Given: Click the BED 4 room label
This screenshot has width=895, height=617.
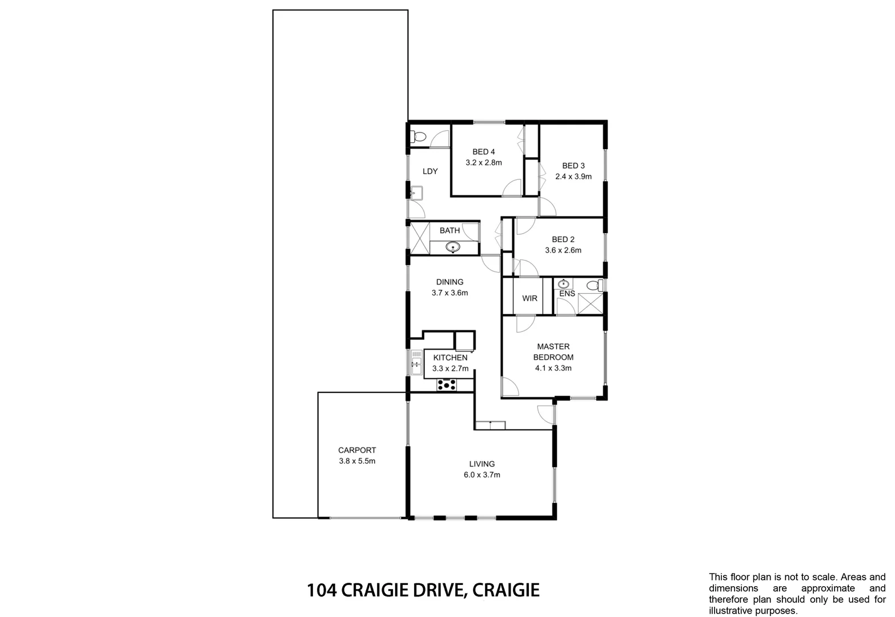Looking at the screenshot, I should (483, 152).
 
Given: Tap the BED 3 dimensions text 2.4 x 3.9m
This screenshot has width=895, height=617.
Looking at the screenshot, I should (573, 177).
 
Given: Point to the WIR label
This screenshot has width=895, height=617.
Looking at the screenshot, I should (529, 298).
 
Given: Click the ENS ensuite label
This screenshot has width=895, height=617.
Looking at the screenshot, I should (567, 294).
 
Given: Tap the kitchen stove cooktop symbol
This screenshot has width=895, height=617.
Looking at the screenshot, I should (447, 385).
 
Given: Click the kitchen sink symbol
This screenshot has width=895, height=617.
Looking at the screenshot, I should (415, 362).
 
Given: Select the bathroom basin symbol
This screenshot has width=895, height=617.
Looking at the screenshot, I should (453, 248).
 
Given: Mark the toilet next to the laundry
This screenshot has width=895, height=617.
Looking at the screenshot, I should (419, 137).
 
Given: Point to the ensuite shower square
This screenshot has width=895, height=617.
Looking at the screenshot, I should (589, 303).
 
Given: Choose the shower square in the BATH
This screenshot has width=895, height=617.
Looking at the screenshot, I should (419, 238).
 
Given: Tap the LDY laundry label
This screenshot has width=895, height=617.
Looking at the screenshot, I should (430, 171).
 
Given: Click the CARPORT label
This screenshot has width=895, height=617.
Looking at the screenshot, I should (357, 450).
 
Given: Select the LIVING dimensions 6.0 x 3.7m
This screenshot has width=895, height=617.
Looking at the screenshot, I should (482, 475).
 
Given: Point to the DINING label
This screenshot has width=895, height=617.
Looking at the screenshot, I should (449, 282).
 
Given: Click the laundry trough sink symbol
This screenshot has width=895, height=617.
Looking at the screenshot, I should (416, 192).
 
